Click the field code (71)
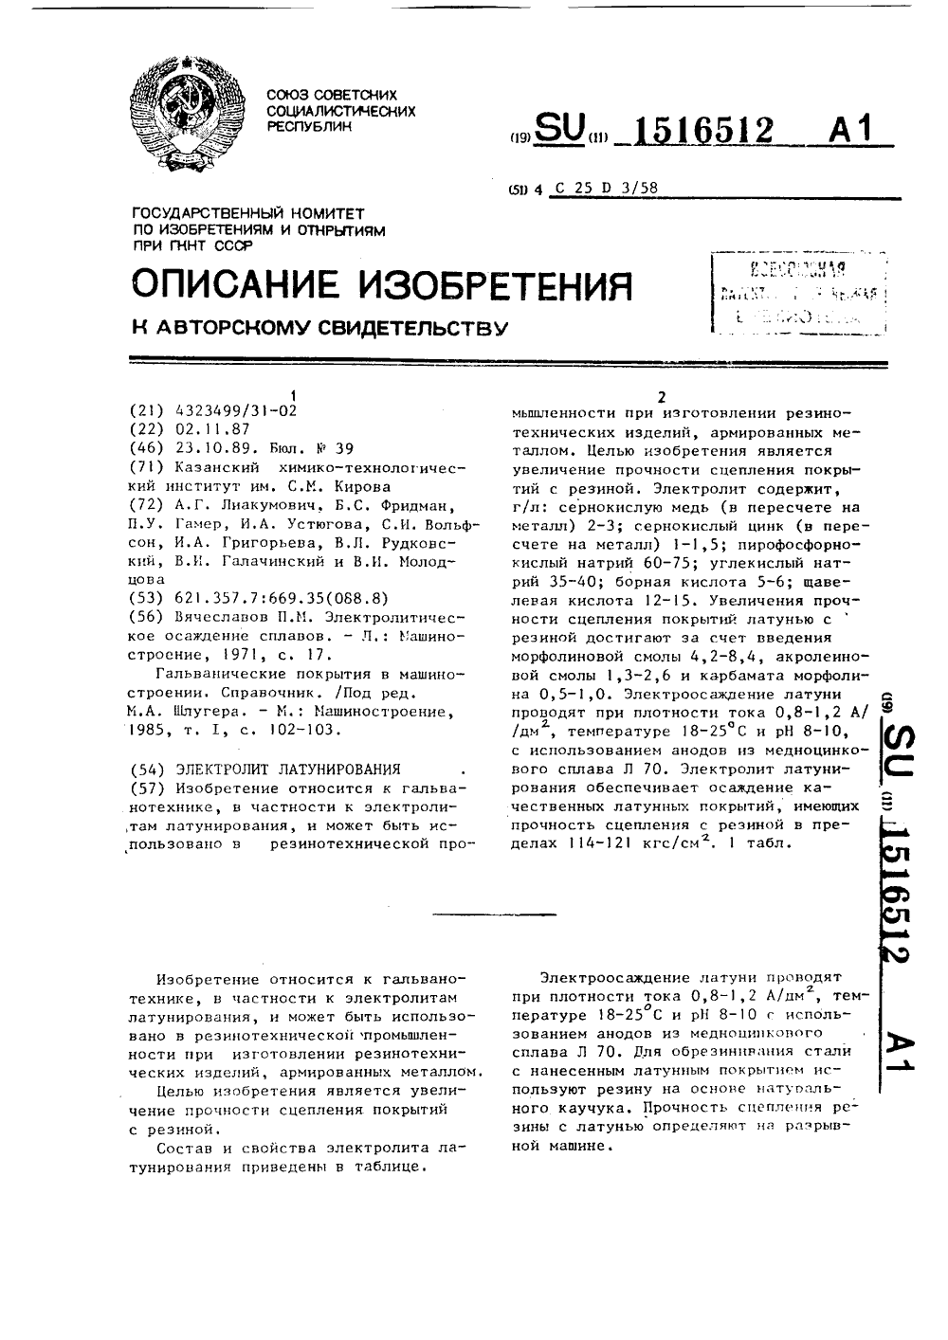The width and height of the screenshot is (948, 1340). (147, 467)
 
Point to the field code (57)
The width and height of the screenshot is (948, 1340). (147, 788)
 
